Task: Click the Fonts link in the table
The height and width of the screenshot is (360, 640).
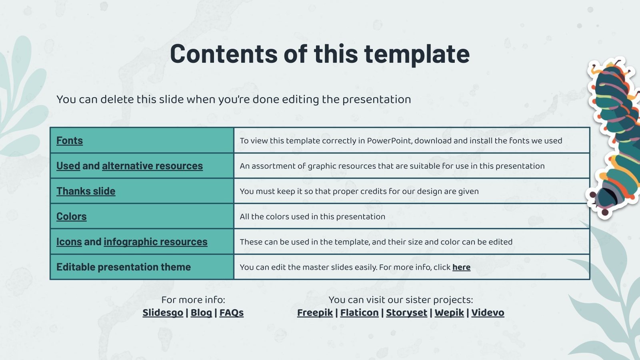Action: click(70, 140)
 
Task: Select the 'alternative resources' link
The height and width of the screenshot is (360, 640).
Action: click(152, 166)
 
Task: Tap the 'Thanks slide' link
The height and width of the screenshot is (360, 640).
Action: click(86, 191)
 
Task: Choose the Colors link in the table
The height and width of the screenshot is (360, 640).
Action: click(72, 216)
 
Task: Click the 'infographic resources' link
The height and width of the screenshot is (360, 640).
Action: click(156, 242)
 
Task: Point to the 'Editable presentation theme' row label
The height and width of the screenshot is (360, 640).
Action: click(124, 267)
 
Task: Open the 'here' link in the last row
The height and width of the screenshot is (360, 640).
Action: click(462, 267)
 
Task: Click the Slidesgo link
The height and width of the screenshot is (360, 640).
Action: click(163, 312)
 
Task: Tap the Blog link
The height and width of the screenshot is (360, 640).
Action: click(201, 312)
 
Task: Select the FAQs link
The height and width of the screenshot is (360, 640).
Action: click(232, 312)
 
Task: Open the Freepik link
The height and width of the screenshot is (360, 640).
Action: click(315, 312)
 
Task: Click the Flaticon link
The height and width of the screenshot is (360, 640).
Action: click(360, 312)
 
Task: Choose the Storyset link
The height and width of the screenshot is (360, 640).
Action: click(406, 312)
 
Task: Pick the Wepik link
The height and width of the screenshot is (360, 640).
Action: click(449, 312)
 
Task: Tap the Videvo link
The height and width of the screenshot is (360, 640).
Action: click(488, 312)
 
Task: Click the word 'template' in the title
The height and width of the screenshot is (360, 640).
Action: click(417, 54)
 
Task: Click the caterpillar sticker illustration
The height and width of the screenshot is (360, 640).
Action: click(614, 137)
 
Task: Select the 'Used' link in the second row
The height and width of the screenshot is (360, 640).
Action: click(68, 166)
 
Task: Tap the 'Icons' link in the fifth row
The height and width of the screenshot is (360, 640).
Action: click(69, 242)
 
